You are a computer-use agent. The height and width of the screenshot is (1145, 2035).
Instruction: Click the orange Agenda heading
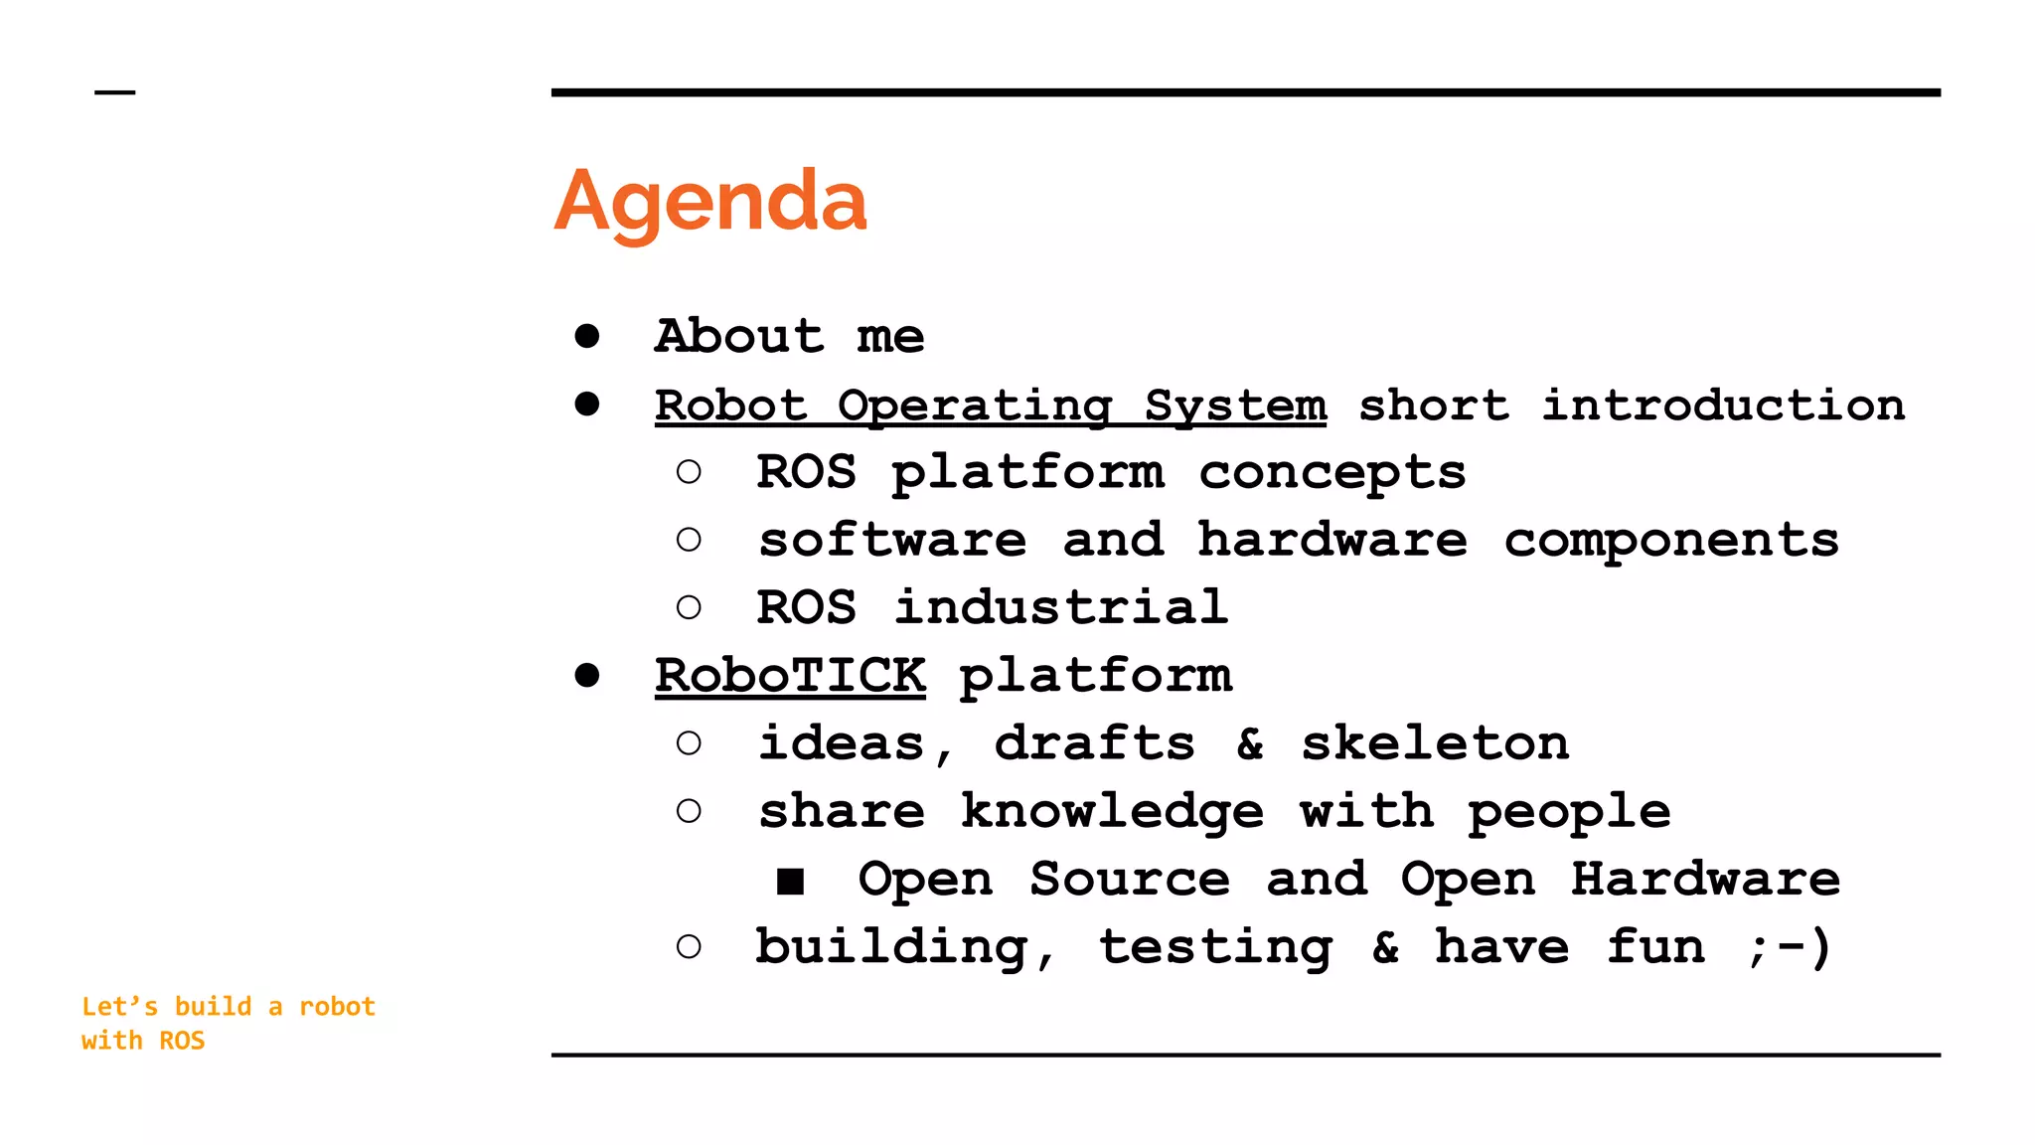click(710, 202)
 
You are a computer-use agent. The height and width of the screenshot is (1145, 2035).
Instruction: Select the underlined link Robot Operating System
click(990, 406)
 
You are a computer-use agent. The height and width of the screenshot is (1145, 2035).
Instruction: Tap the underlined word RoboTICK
click(790, 676)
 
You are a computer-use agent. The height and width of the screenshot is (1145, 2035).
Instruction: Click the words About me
click(790, 336)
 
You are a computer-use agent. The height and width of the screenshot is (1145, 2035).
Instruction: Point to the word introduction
click(1723, 406)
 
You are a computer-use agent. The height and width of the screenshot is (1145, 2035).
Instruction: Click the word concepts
click(1331, 473)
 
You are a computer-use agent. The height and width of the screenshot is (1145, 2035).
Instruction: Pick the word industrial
click(1060, 607)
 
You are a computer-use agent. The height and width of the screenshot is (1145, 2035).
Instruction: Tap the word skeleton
click(1435, 743)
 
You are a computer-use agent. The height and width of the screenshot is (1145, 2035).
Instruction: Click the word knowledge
click(1112, 812)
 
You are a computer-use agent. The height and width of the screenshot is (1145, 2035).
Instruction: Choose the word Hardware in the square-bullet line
click(1705, 880)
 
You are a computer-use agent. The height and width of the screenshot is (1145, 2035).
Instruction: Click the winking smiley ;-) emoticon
click(1790, 947)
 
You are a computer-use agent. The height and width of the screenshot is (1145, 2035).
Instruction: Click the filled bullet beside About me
click(587, 336)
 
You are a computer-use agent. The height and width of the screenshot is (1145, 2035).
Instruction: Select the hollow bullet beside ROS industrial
click(689, 607)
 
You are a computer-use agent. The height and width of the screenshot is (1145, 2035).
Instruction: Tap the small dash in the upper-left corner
click(114, 92)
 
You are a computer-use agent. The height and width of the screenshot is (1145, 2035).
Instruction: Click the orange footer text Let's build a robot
click(229, 1007)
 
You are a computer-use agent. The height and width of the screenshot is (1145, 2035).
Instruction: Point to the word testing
click(1215, 947)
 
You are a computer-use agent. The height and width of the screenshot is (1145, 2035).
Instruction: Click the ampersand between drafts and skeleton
click(1250, 743)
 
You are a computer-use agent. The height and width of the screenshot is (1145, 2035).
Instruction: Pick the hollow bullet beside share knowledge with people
click(689, 812)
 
